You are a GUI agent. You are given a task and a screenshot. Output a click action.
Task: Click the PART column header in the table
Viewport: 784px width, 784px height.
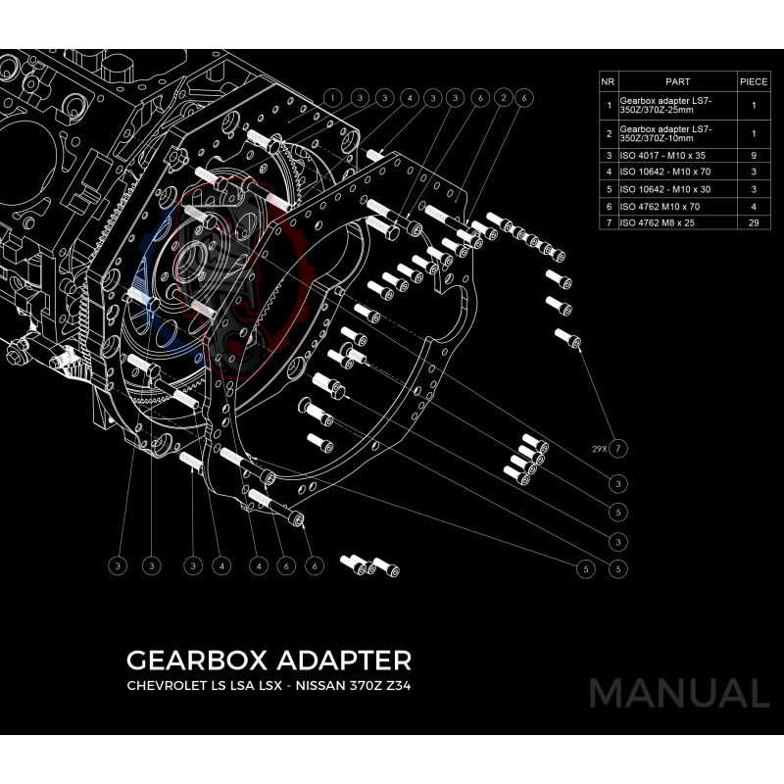click(x=677, y=81)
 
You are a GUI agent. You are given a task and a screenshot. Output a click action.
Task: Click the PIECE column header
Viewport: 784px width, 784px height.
click(x=753, y=81)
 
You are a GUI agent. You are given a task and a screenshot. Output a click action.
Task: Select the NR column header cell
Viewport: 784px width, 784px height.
click(x=608, y=81)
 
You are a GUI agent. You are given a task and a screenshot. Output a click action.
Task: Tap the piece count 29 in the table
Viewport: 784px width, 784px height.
click(x=753, y=222)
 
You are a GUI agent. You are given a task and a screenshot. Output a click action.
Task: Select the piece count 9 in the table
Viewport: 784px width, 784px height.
click(x=753, y=154)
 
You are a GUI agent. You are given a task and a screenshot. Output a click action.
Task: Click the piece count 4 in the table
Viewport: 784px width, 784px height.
click(x=753, y=206)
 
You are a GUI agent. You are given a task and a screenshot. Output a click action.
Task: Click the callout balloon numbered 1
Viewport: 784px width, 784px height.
click(x=333, y=98)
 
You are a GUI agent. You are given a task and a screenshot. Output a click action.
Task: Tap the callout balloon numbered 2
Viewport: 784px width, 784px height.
click(x=502, y=98)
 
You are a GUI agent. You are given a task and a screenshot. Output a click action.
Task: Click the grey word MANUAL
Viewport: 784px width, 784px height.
click(x=678, y=693)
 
